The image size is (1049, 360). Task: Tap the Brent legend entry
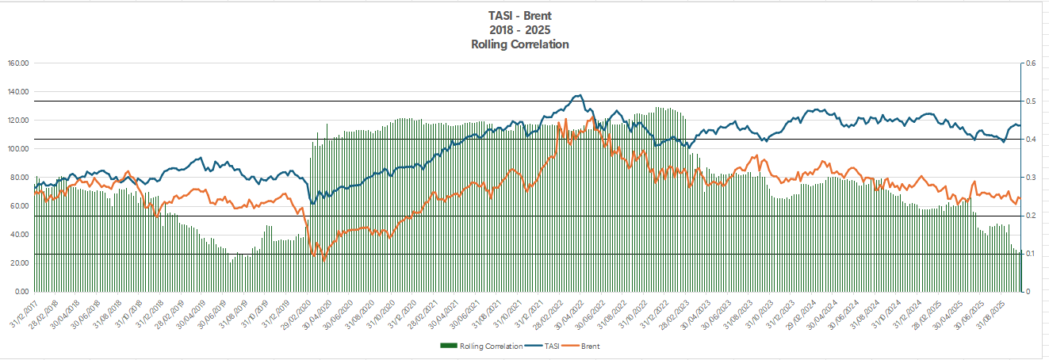click(x=591, y=347)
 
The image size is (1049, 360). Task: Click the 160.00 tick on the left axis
click(x=17, y=63)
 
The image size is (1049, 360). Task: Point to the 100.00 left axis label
click(x=17, y=149)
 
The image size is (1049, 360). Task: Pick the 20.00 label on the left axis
click(x=19, y=263)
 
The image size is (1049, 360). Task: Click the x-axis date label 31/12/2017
click(x=24, y=313)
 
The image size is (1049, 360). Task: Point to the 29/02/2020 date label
click(x=304, y=313)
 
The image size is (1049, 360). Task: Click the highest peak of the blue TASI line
click(x=578, y=95)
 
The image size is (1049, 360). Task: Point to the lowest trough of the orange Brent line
click(x=323, y=260)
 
